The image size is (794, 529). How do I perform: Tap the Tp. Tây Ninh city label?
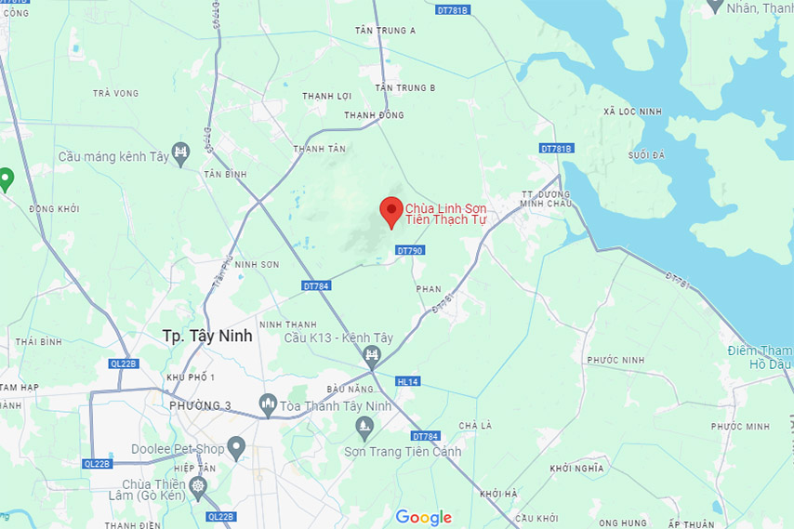point(206,336)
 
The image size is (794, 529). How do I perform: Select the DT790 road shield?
point(409,250)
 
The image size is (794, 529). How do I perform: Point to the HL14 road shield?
point(408,381)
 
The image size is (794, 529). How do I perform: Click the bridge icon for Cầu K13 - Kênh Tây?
point(372,354)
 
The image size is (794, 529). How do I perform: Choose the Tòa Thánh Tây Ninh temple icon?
point(269,404)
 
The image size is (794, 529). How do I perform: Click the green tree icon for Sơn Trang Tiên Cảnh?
point(364,427)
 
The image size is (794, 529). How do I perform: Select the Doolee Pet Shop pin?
point(237,450)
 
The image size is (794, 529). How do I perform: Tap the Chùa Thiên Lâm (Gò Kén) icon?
point(197,486)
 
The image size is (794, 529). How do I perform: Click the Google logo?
point(423,517)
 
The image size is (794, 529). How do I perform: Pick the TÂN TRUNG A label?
point(385,31)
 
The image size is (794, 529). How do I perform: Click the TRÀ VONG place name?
point(116,93)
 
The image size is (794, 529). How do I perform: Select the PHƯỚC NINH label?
point(615,360)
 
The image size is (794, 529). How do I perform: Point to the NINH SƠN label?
point(257,265)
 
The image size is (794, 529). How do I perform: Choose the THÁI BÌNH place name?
point(38,342)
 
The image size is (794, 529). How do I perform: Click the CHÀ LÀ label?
point(475,425)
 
